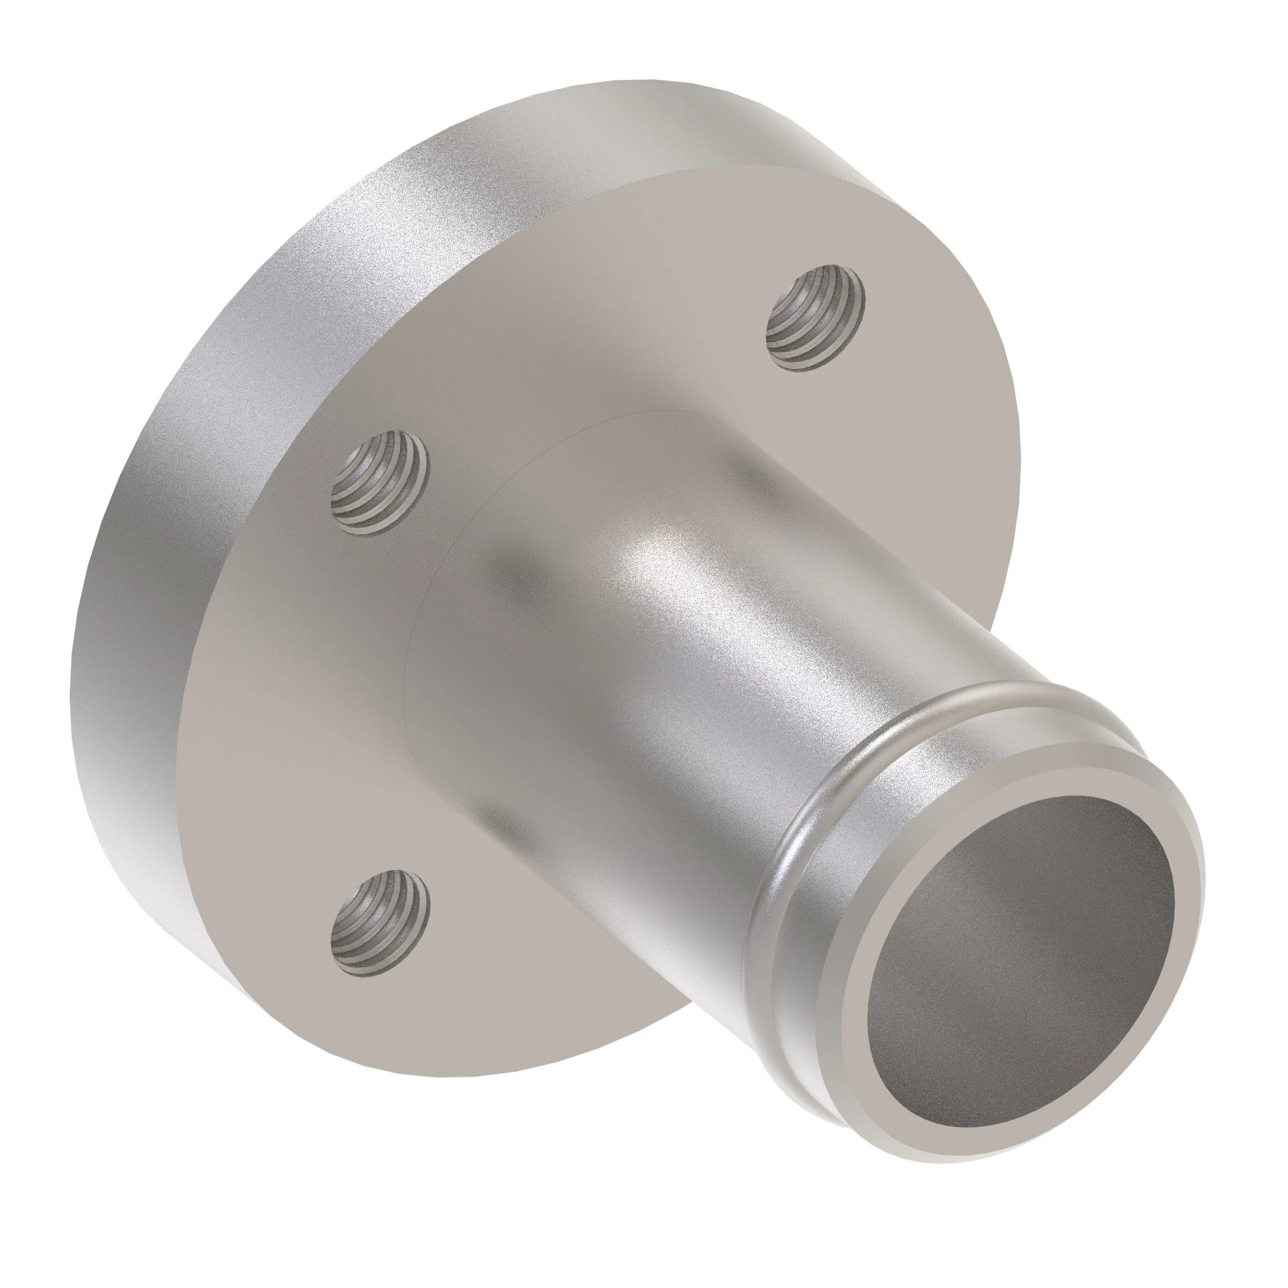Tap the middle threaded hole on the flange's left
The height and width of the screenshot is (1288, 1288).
380,481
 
